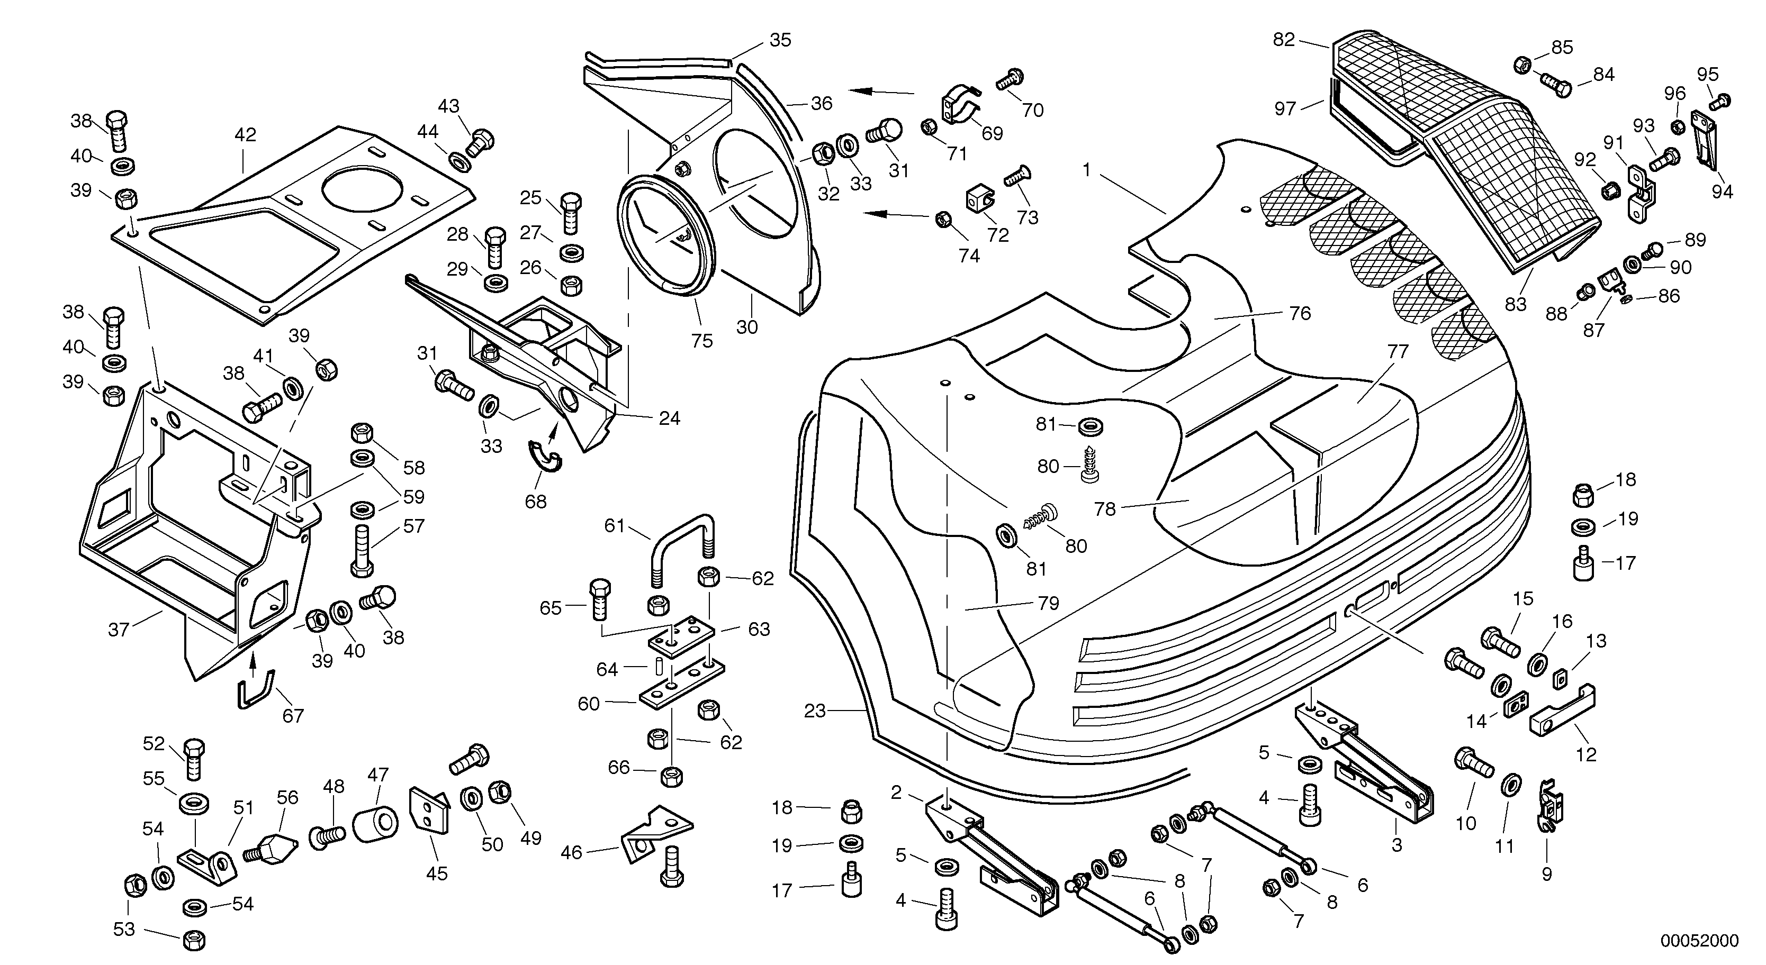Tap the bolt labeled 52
pos(194,759)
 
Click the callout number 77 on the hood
pos(1397,352)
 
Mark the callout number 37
pos(119,629)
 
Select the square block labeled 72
pos(977,200)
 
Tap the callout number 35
pos(780,40)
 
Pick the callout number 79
pos(1048,603)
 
